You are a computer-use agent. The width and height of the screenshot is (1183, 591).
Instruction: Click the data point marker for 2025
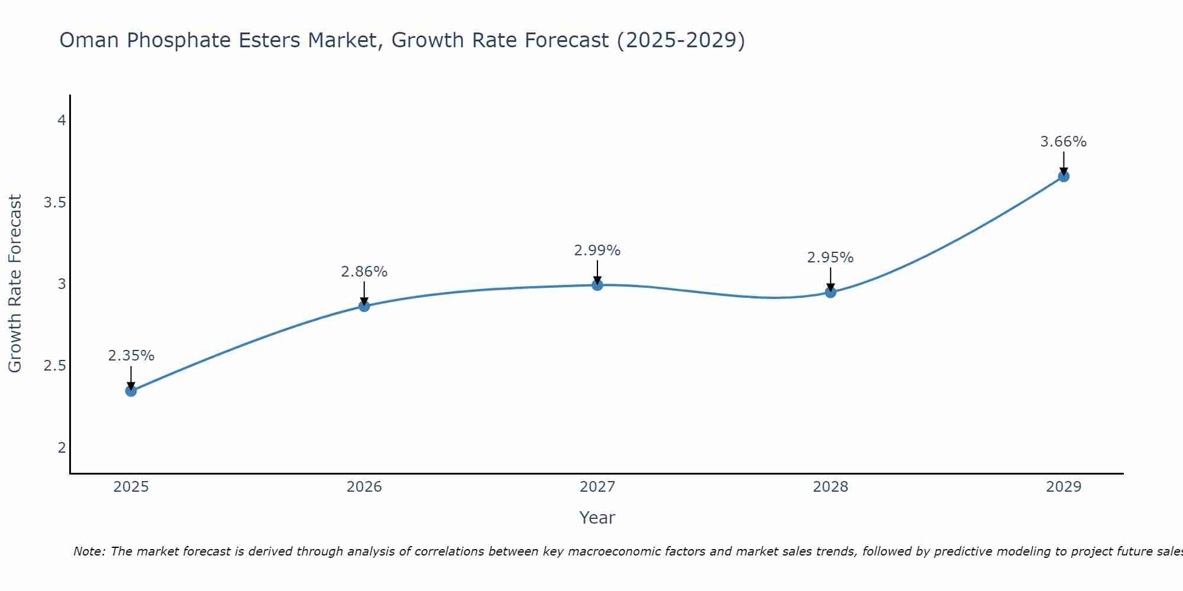tap(131, 391)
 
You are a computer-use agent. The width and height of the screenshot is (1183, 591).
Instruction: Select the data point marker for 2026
tap(364, 306)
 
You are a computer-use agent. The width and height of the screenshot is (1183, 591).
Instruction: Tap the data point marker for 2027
tap(597, 285)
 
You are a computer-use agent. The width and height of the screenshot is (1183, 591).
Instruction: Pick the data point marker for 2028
tap(830, 292)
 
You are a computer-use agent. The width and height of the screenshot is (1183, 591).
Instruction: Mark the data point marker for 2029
tap(1064, 176)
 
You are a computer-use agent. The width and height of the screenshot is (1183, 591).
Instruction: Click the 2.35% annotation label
tap(131, 356)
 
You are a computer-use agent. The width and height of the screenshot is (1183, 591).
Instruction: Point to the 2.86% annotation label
tap(364, 272)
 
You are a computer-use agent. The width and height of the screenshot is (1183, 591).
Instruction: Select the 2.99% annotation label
tap(597, 251)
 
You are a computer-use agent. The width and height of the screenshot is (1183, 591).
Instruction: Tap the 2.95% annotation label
tap(830, 258)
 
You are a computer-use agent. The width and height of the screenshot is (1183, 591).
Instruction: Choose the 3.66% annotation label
tap(1064, 142)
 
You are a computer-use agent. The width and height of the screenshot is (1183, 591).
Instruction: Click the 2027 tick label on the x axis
tap(597, 487)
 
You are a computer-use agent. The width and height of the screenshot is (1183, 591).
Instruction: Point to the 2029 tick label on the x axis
tap(1064, 487)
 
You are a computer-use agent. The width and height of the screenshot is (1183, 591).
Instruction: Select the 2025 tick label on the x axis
tap(131, 487)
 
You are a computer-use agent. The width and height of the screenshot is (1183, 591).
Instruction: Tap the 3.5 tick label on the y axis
tap(54, 203)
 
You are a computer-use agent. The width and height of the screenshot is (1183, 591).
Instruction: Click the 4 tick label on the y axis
tap(62, 121)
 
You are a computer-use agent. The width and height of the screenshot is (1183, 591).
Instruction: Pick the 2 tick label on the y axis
tap(62, 448)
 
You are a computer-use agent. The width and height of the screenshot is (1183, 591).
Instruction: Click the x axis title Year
tap(597, 518)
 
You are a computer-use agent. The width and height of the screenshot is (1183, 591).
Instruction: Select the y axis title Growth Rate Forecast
tap(15, 284)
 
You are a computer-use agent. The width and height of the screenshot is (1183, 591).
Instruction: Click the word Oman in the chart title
tap(89, 40)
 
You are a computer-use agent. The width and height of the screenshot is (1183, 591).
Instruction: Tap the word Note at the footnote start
tap(89, 551)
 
